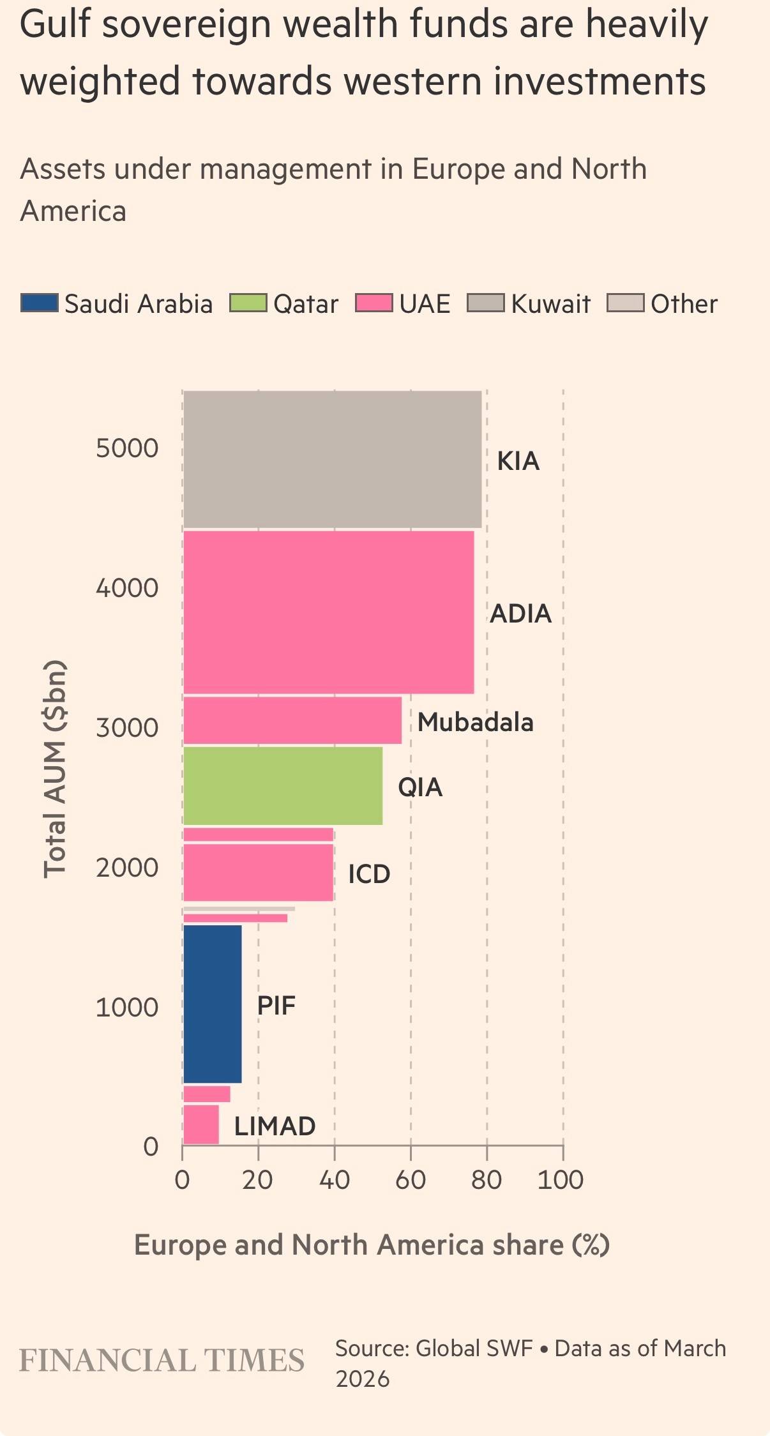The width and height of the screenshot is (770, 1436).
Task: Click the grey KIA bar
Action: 332,459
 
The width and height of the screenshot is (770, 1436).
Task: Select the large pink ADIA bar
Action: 328,612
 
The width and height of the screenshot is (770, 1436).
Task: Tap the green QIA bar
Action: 283,785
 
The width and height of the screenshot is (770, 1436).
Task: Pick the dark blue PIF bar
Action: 212,1004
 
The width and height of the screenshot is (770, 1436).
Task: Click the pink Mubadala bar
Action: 292,720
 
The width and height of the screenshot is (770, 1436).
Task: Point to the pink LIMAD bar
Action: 201,1125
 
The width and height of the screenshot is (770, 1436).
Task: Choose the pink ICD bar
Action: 258,872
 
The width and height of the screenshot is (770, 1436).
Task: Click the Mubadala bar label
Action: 475,722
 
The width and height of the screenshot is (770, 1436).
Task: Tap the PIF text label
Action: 276,1006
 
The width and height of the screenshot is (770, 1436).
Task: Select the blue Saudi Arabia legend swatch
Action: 40,303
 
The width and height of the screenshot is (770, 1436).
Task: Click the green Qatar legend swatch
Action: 248,303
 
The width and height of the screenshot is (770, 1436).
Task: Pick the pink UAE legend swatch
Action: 374,303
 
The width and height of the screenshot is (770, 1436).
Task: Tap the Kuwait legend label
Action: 550,304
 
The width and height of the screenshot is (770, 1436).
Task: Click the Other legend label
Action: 684,304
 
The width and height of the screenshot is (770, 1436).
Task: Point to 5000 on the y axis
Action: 127,448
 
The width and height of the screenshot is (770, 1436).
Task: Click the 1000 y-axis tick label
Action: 127,1008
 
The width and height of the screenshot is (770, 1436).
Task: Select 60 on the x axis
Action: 410,1180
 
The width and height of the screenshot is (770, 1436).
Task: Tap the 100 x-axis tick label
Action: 561,1180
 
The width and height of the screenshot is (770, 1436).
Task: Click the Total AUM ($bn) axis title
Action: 55,769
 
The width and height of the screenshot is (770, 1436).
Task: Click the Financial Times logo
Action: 162,1360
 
